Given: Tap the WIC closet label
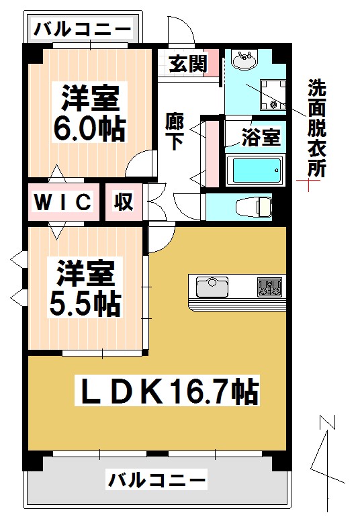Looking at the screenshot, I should coord(63,201).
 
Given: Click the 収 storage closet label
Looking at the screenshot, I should coord(124,201).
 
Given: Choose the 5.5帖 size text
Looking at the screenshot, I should coord(85,305).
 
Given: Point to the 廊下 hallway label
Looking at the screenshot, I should coord(175,132).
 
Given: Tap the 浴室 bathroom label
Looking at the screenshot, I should coord(261,138).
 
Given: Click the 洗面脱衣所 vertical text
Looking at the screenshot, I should coord(316,128).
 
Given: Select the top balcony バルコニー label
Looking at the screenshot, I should coord(83,29).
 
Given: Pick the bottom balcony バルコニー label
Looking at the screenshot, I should coord(156,481).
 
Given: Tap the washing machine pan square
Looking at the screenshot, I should coord(273,94).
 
